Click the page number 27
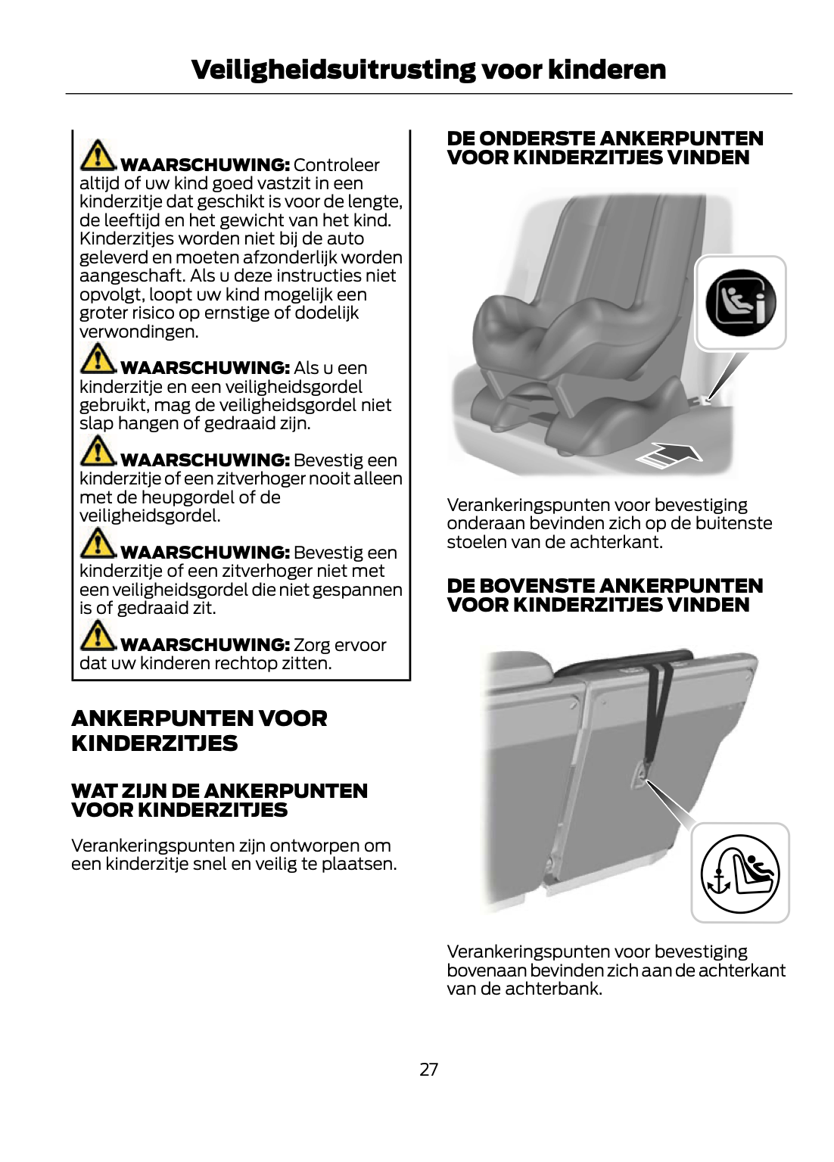pos(428,1069)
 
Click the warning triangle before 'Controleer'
pos(98,156)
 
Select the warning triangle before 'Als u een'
pos(98,359)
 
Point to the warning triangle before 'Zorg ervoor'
pos(98,636)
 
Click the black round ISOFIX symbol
pos(740,303)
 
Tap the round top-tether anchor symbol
pos(739,874)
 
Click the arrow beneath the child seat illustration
pos(670,456)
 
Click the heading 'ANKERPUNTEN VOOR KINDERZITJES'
pos(199,731)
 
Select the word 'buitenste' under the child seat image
pos(737,523)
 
